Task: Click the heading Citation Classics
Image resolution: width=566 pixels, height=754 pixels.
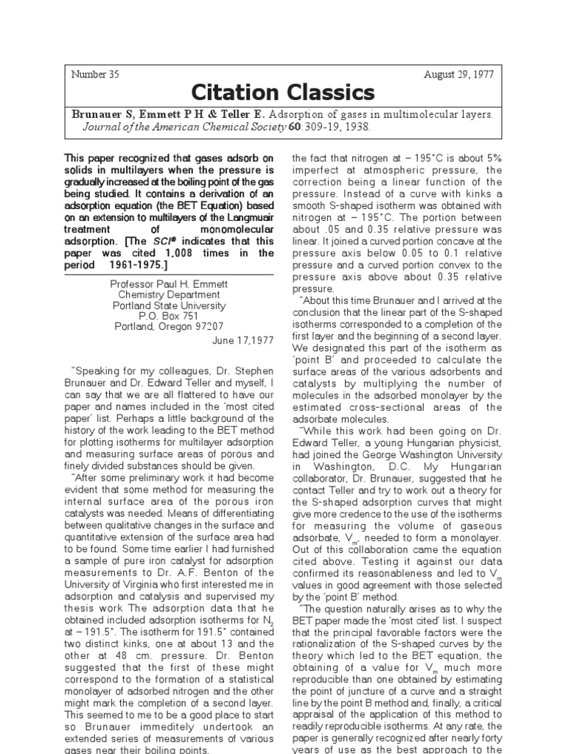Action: coord(283,93)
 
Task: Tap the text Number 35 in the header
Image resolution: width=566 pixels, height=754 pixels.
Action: coord(95,74)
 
